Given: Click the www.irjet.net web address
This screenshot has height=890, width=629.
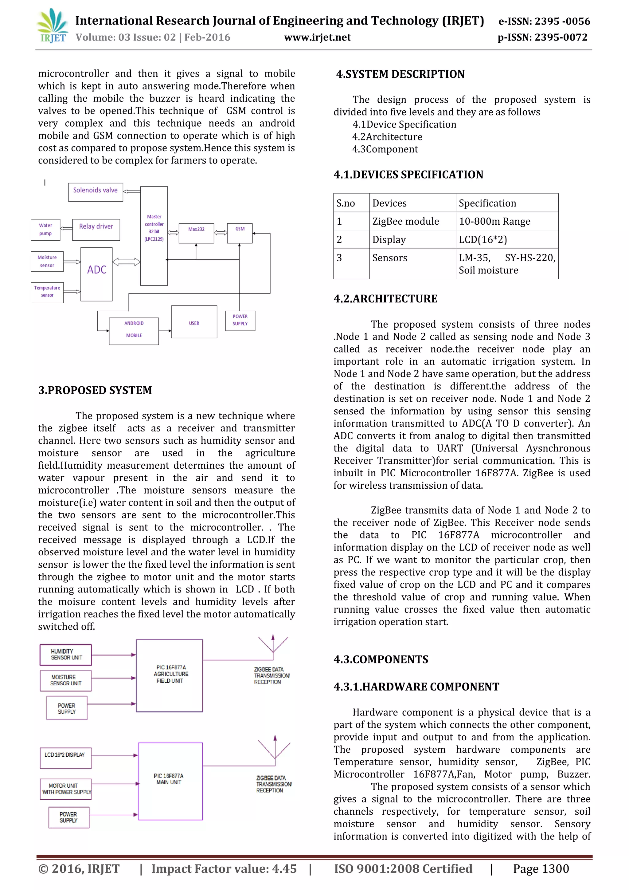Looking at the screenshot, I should (317, 37).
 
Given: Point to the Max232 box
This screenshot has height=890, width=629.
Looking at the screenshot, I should (196, 233).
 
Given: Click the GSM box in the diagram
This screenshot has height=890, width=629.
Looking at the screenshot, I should (240, 233).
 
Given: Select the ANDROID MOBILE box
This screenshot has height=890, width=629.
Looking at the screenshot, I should (134, 331).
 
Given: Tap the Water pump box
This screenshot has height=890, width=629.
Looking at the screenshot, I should (45, 230).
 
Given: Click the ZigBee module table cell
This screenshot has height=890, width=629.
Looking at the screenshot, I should (405, 221).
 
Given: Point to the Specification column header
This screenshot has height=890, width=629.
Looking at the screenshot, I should (487, 203).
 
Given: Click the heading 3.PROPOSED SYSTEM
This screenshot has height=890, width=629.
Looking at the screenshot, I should (95, 390).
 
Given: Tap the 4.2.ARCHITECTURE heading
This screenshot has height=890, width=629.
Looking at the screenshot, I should (385, 298).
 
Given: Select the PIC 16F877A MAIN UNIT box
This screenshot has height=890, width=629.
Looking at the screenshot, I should (170, 781).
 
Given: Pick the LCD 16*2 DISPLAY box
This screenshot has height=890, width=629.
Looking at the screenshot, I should (65, 758).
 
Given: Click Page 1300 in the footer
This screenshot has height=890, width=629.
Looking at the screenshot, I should (541, 869).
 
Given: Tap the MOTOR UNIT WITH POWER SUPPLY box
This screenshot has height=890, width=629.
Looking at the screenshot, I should (66, 789).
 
